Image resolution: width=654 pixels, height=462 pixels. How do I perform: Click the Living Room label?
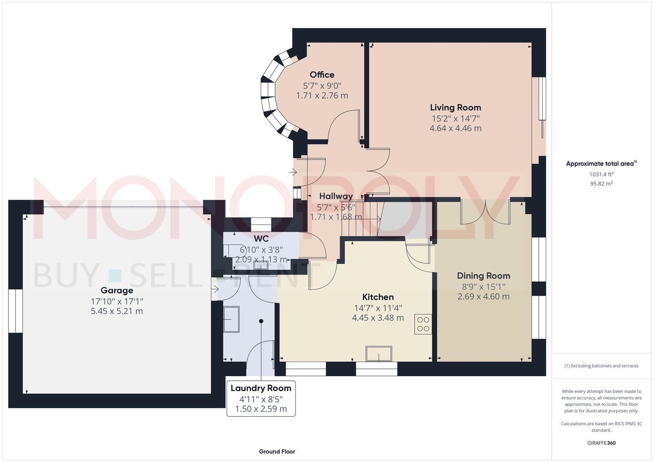[x=455, y=107]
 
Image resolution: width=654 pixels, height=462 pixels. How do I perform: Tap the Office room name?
[x=322, y=75]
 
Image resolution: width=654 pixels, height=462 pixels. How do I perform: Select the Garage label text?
[x=116, y=290]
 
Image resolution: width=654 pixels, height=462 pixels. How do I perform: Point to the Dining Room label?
[x=483, y=276]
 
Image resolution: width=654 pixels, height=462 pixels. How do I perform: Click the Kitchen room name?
[x=378, y=297]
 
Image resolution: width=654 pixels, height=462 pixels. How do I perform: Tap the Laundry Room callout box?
[x=261, y=398]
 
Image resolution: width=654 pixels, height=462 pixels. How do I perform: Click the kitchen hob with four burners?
[x=423, y=324]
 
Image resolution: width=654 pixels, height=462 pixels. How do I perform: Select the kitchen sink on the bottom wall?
[x=379, y=354]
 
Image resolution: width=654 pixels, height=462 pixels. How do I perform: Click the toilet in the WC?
[x=232, y=251]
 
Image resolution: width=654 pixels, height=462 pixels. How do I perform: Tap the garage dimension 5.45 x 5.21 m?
[x=116, y=311]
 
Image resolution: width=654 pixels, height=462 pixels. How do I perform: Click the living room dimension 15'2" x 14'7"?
[x=455, y=118]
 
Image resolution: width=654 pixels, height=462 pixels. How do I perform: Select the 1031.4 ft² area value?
[x=601, y=174]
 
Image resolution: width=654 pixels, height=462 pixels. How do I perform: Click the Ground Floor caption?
[x=277, y=451]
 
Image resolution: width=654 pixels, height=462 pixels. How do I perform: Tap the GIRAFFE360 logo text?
[x=601, y=443]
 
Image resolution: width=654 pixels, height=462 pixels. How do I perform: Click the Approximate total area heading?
[x=601, y=163]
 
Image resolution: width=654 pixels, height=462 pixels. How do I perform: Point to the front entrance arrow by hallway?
[x=293, y=172]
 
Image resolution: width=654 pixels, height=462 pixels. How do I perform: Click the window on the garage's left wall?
[x=15, y=311]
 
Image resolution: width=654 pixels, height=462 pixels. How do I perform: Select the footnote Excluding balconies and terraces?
[x=601, y=366]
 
